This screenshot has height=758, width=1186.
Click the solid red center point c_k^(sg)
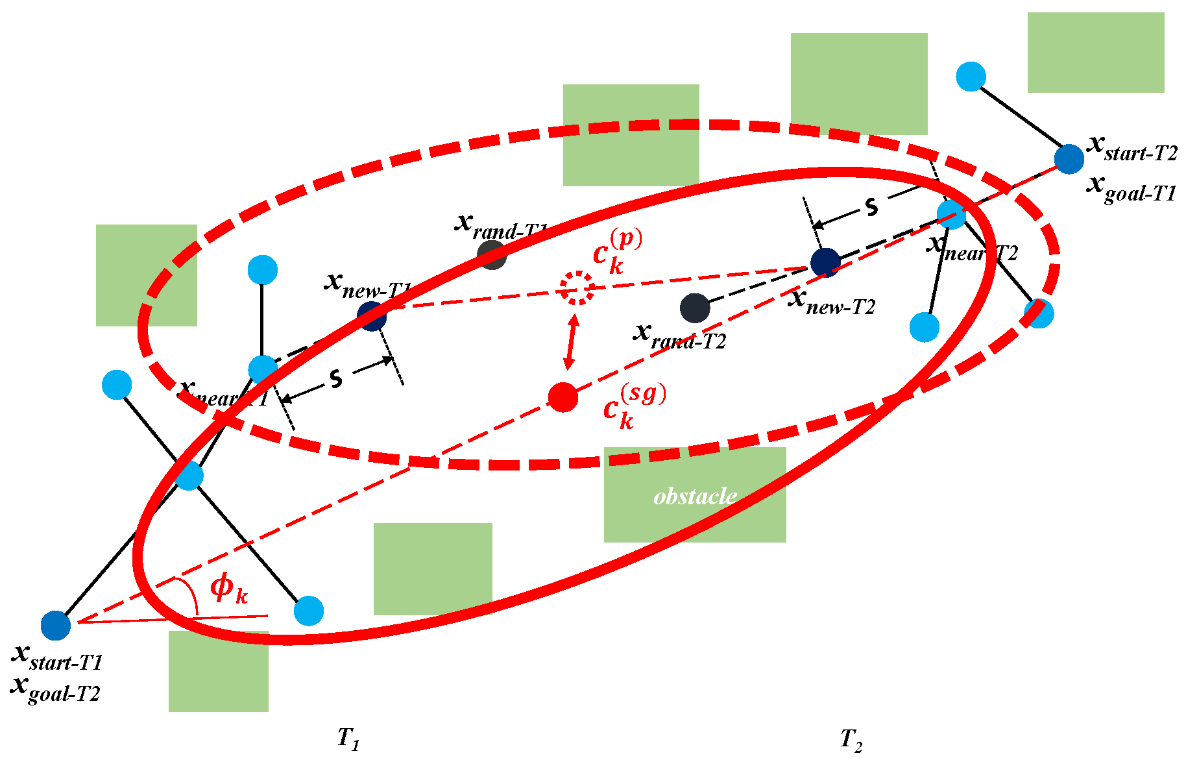[563, 397]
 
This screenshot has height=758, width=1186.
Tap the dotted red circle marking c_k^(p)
[577, 288]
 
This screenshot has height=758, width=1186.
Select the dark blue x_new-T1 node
[372, 316]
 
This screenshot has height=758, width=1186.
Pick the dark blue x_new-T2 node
[825, 262]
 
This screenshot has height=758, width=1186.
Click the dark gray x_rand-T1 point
[492, 255]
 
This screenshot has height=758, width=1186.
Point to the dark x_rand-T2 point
[695, 308]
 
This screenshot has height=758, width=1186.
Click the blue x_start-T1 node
[56, 626]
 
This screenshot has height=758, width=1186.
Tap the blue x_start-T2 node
[1069, 159]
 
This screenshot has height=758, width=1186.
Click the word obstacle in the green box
[695, 496]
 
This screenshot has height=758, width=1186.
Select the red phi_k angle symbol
[228, 588]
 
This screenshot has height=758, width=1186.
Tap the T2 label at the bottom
[851, 739]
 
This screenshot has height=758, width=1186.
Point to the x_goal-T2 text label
[56, 689]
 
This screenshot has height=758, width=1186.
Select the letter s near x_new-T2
[871, 207]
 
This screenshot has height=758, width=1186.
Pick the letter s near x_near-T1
[335, 378]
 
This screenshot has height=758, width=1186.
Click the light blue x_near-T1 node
[263, 369]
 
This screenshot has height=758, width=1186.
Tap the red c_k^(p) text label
[616, 252]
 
